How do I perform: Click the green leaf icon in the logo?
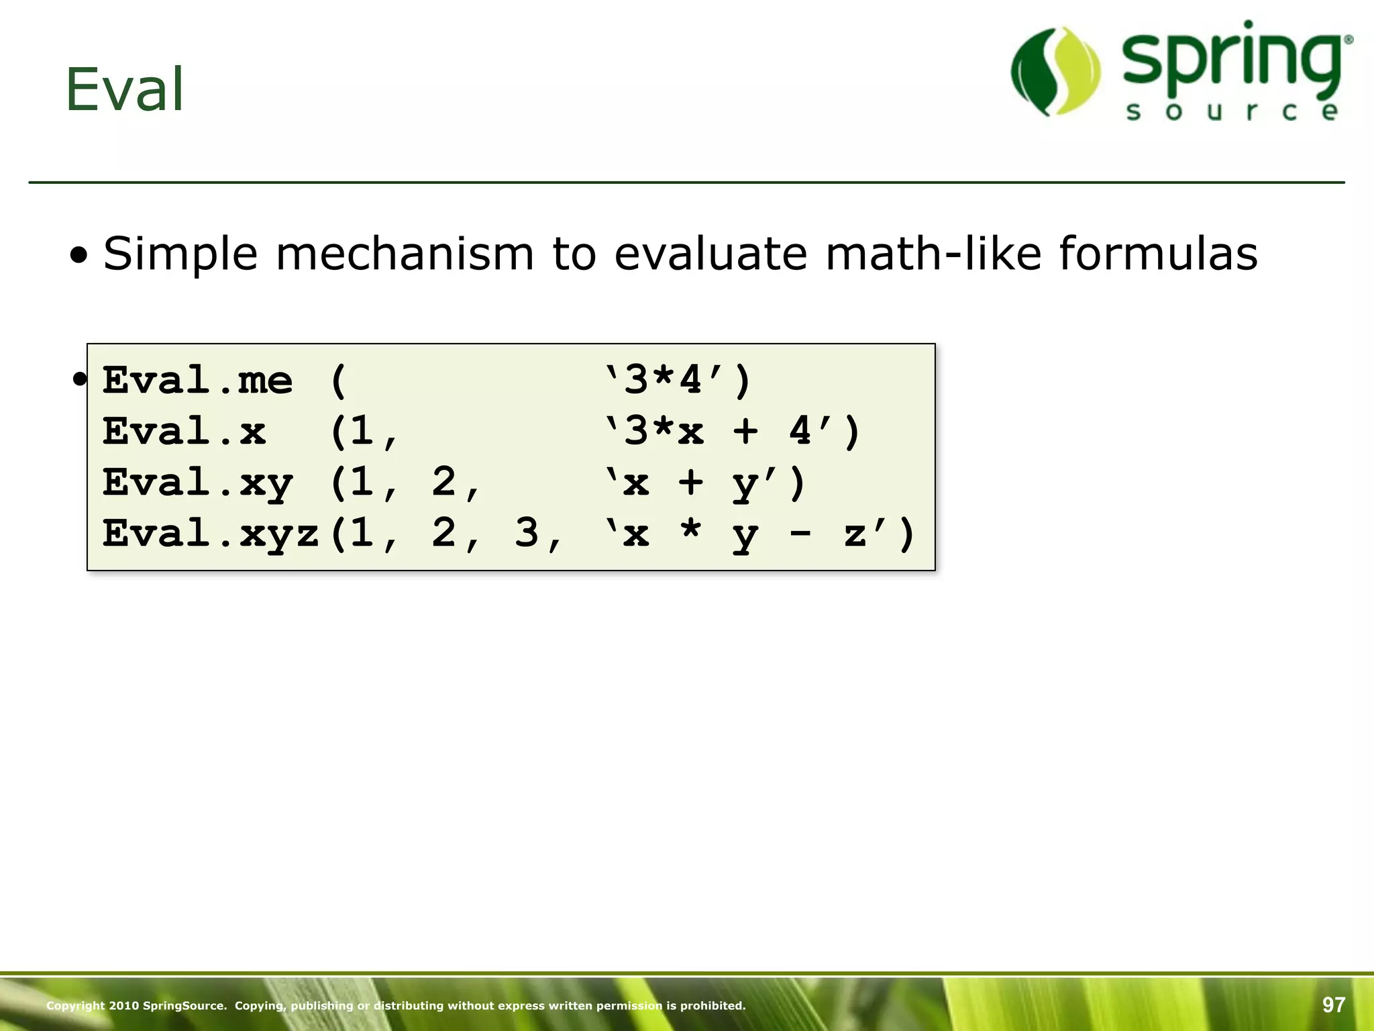(x=1055, y=71)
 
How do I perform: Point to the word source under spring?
(x=1232, y=111)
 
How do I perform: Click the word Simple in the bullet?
(x=180, y=254)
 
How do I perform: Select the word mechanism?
(x=405, y=254)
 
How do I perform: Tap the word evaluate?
(x=710, y=254)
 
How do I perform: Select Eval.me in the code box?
(x=197, y=381)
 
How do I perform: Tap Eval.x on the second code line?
(x=184, y=432)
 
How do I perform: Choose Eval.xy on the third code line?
(x=197, y=483)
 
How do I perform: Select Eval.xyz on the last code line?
(x=211, y=534)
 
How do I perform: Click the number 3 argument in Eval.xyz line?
(x=527, y=534)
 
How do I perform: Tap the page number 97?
(x=1334, y=1005)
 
